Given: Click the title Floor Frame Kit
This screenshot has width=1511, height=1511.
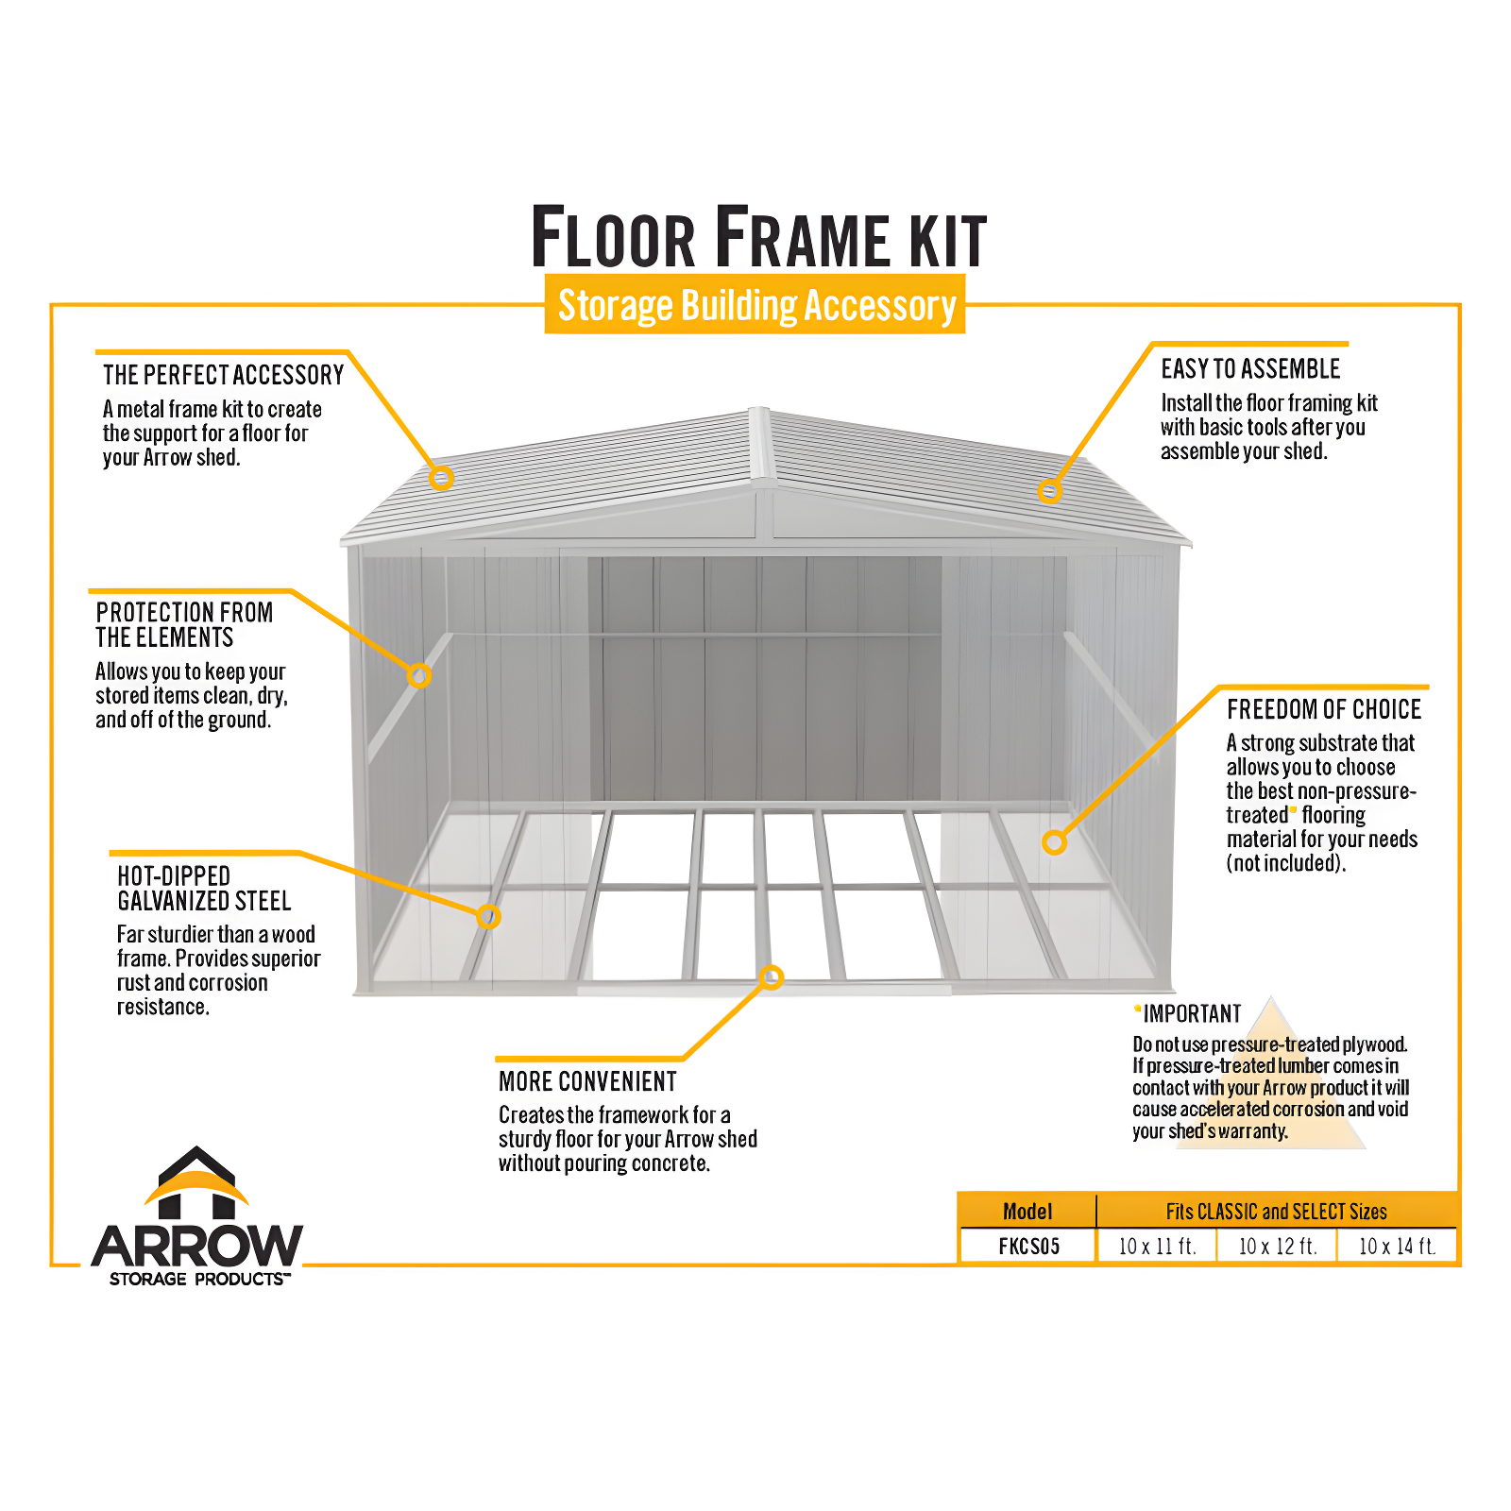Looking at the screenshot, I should pos(758,238).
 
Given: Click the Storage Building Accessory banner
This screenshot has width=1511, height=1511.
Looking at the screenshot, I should pos(755,305).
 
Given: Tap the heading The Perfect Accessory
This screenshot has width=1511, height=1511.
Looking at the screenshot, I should pos(223,375).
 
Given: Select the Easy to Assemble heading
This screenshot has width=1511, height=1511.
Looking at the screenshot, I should pos(1250,368).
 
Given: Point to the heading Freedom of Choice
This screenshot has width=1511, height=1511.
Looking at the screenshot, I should pos(1323,709).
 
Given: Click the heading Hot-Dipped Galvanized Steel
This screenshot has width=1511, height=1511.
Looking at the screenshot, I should pos(204,889).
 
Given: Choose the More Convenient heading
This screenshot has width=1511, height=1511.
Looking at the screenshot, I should pos(587,1081).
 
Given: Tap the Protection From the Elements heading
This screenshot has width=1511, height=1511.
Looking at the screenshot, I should pos(184,625).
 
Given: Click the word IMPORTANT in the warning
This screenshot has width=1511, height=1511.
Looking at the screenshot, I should pos(1192,1013).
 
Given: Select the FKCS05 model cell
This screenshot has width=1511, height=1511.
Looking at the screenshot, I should pos(1028,1246).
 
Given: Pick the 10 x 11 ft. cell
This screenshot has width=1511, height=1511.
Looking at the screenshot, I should pos(1157,1246).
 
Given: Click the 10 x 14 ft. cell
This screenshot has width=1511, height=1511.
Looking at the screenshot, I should pos(1397,1246).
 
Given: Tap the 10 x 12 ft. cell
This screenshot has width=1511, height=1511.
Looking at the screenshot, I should pos(1277,1246).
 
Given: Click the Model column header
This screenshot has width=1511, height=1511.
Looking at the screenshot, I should pos(1027,1212).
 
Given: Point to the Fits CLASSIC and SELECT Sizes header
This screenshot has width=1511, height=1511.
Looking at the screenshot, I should pos(1276,1212).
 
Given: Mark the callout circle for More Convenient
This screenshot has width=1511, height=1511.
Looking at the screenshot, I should pos(772,977).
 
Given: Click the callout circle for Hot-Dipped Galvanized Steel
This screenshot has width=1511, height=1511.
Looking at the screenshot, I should pos(488,916).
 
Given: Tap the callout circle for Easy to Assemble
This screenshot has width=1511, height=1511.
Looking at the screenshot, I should pos(1049,491).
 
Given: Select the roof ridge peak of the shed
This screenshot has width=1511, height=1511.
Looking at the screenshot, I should pos(760,416).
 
